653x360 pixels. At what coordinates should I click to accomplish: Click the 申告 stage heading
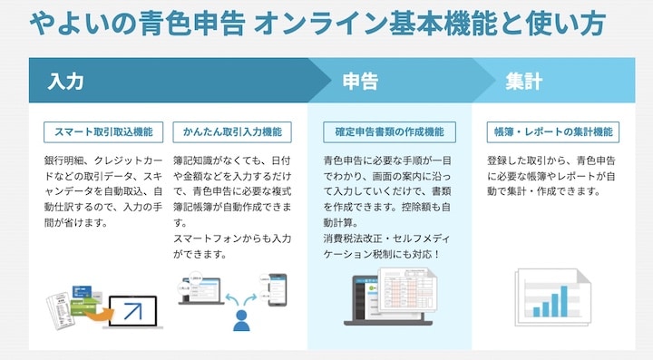(x=360, y=82)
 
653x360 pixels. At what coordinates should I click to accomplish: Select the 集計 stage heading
(x=523, y=82)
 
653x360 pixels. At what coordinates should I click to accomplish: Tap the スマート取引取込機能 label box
(x=104, y=131)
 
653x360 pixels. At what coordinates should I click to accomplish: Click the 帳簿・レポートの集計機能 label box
(x=552, y=131)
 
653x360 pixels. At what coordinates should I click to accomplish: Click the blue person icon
(x=241, y=318)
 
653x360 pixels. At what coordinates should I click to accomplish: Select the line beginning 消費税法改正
(x=381, y=238)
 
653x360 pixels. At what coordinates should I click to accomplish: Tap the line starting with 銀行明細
(x=104, y=161)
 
